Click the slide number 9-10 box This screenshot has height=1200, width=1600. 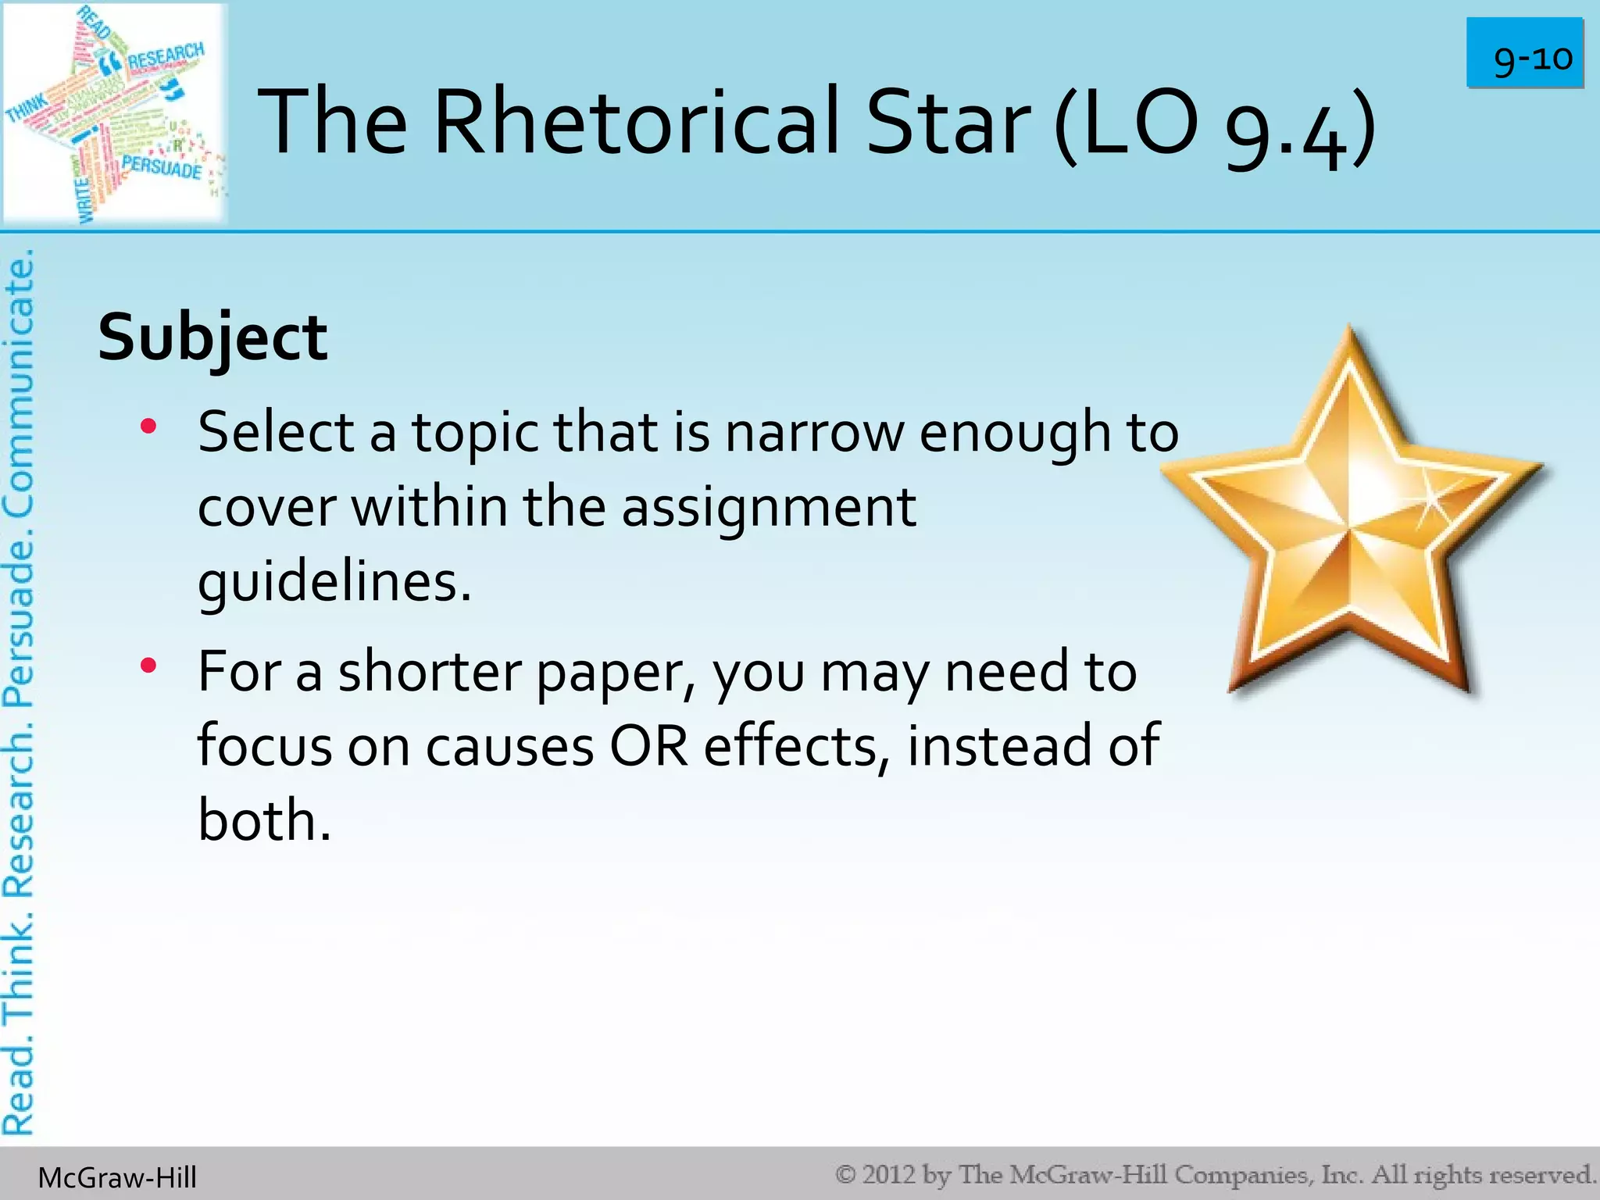tap(1524, 53)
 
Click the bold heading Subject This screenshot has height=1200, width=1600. tap(212, 337)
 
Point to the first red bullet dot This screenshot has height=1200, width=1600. tap(148, 427)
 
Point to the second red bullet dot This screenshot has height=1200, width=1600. tap(148, 666)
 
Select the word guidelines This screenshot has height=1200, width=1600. tap(334, 582)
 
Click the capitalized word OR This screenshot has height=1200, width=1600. tap(649, 746)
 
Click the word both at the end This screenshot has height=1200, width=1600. tap(264, 820)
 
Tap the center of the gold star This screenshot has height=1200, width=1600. tap(1350, 531)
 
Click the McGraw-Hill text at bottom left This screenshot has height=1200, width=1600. tap(117, 1177)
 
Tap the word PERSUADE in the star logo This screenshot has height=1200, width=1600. tap(162, 167)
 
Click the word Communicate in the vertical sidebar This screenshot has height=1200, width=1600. tap(19, 383)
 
